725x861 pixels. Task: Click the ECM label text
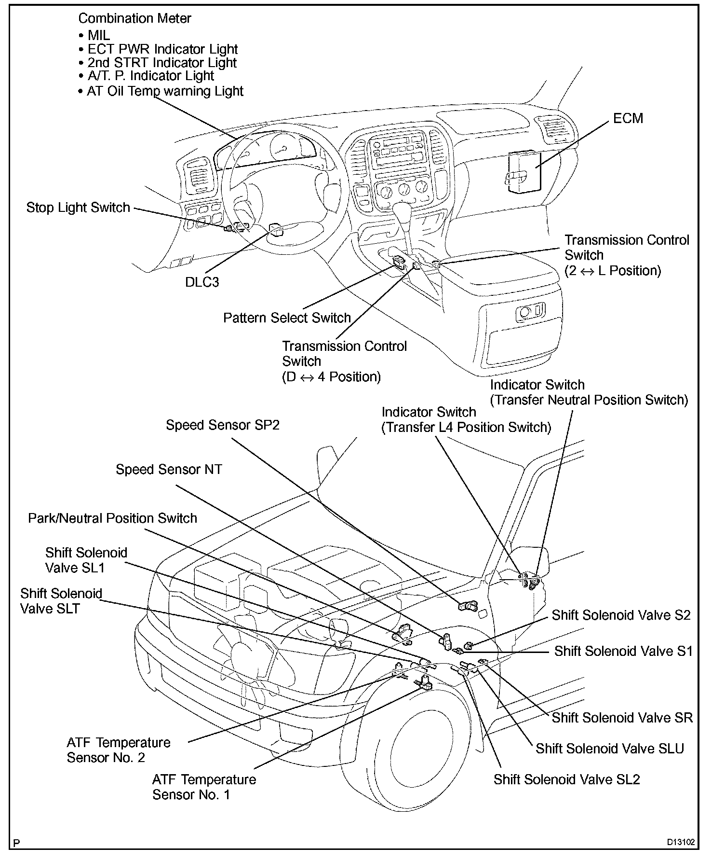[x=628, y=118]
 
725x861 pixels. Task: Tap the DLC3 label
[x=202, y=282]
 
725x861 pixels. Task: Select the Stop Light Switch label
[x=78, y=208]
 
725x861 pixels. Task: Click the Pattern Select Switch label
[x=287, y=318]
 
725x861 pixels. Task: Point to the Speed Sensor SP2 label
[x=223, y=425]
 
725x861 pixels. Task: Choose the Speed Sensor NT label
[x=169, y=470]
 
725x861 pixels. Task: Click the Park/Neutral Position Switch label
[x=112, y=518]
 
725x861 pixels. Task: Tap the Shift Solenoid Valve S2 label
[x=621, y=615]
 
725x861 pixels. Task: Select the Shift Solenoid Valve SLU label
[x=610, y=749]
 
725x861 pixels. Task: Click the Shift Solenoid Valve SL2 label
[x=566, y=780]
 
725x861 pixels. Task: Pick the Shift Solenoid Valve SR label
[x=622, y=718]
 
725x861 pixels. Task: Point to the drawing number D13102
[x=681, y=842]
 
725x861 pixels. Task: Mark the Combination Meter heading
[x=134, y=18]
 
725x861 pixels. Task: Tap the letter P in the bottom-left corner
[x=17, y=844]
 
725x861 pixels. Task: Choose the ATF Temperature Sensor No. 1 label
[x=204, y=787]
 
